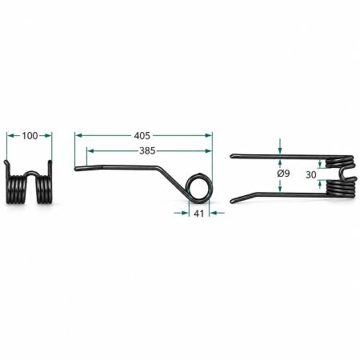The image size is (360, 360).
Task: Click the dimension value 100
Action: coord(30,136)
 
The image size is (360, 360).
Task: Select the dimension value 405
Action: coord(142,136)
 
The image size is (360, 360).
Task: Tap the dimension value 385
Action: coord(147,151)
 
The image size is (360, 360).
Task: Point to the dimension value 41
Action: coord(199,214)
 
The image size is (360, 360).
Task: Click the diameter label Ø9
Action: coord(283,174)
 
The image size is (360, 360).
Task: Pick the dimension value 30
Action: coord(311,174)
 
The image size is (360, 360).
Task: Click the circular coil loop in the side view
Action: coord(199,188)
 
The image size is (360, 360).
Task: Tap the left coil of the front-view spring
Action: coord(17,189)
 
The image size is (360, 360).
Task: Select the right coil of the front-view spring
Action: coord(44,189)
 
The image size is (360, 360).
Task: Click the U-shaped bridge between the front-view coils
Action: coord(31,173)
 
